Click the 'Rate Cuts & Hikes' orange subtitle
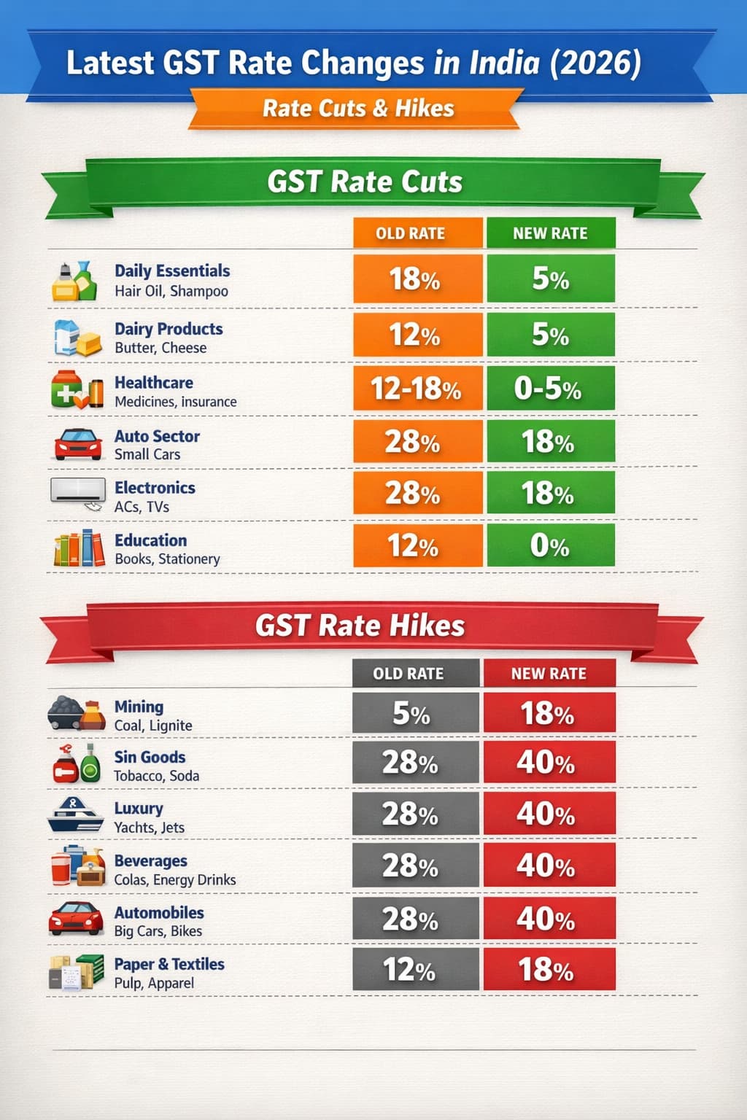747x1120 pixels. click(x=357, y=109)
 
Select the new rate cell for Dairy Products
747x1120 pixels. click(x=551, y=335)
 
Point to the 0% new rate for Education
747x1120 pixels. click(x=551, y=545)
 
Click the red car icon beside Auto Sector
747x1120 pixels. click(x=78, y=444)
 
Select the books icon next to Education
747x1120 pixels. click(x=78, y=548)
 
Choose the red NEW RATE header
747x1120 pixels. click(x=549, y=674)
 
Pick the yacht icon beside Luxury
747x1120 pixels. click(x=76, y=815)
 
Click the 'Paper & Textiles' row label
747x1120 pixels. click(x=169, y=964)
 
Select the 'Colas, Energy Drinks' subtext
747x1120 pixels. click(x=175, y=880)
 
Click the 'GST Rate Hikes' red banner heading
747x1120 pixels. click(x=360, y=626)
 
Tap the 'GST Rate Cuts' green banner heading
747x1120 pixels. click(x=365, y=182)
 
